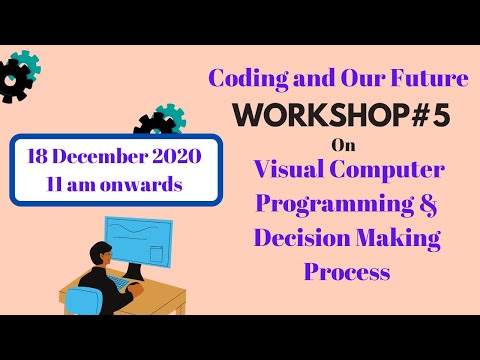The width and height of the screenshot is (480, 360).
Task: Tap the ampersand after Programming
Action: click(424, 203)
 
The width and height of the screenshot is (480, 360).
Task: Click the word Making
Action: click(398, 238)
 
